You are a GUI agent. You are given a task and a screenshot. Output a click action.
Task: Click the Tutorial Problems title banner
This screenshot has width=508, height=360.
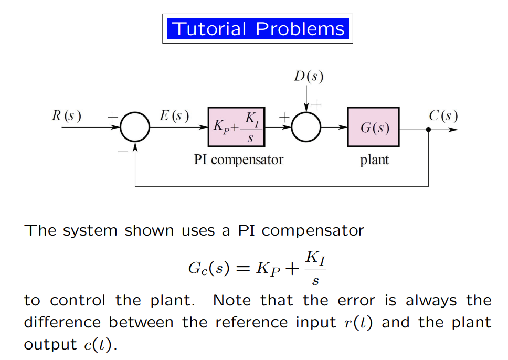(257, 28)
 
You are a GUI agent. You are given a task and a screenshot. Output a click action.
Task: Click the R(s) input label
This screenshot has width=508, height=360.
(66, 116)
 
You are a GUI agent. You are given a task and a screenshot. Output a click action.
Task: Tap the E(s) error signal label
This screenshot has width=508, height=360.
(174, 116)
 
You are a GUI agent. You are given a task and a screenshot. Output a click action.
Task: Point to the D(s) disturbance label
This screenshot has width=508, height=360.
(308, 77)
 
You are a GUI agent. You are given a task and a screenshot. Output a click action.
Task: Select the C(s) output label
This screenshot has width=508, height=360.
(442, 116)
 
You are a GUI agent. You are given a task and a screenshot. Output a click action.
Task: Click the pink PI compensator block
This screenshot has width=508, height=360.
(237, 127)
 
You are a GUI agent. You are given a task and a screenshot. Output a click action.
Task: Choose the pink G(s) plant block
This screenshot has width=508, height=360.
(373, 128)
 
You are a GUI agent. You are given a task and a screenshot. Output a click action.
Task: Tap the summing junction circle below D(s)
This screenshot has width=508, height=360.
(306, 128)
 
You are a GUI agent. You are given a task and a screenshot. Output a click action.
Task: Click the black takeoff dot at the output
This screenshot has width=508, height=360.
(429, 129)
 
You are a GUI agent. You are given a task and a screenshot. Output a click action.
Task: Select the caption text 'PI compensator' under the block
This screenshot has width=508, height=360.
(238, 160)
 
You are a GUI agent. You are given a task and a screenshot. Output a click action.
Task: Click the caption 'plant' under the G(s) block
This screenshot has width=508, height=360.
(374, 160)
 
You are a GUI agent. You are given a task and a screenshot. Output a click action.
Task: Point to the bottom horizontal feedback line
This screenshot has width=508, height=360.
(282, 186)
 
